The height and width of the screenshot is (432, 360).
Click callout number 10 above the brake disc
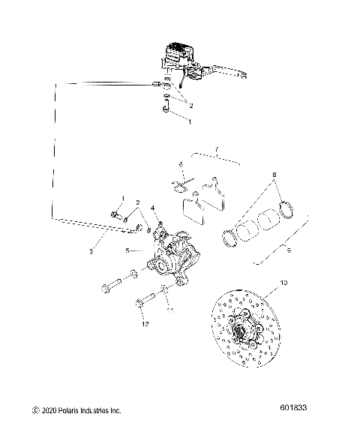pyautogui.click(x=283, y=282)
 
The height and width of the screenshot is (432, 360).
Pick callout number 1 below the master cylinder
pyautogui.click(x=189, y=120)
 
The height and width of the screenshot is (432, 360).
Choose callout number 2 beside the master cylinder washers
pyautogui.click(x=191, y=106)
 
